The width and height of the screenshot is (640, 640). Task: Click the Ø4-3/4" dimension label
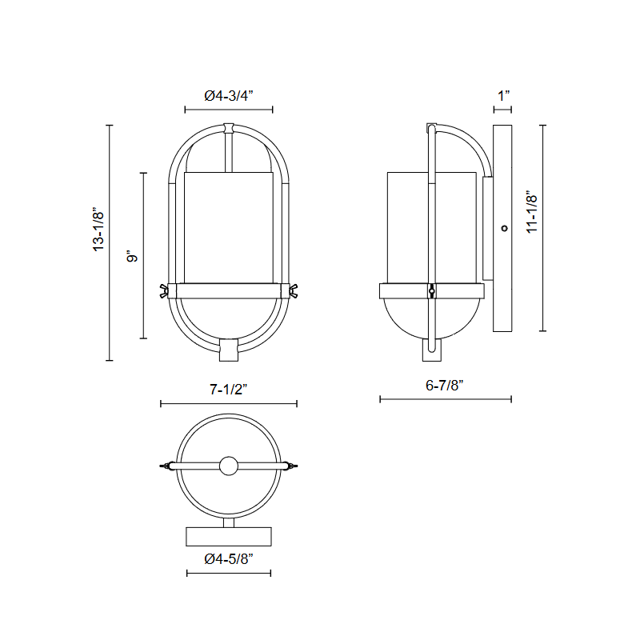tap(229, 96)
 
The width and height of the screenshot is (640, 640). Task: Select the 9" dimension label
tap(133, 256)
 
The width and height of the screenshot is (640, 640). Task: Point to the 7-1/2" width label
tap(229, 390)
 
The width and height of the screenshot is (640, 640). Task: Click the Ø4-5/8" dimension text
tap(229, 558)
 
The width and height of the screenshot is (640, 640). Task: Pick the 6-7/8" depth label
tap(445, 386)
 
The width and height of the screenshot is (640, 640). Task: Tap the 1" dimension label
tap(504, 96)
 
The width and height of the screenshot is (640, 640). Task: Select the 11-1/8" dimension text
tap(532, 212)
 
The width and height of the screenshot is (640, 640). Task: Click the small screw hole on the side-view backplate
tap(505, 228)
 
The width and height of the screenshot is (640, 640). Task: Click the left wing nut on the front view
tap(164, 291)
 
